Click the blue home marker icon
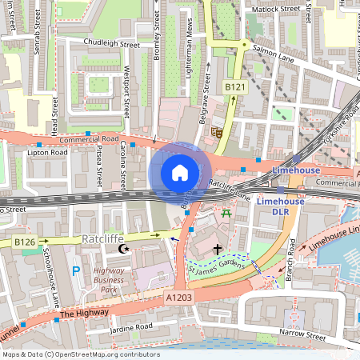[x=180, y=172]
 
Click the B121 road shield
[x=234, y=87]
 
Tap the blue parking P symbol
[x=76, y=272]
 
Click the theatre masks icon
[x=216, y=132]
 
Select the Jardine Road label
[x=132, y=327]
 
